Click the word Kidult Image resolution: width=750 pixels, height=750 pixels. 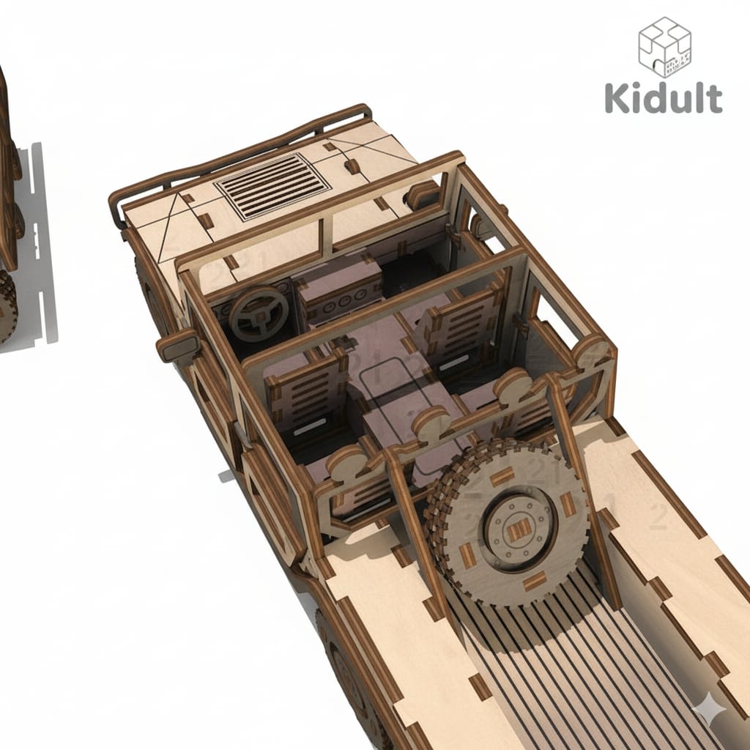point(664,97)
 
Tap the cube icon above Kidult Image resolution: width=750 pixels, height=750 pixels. point(664,46)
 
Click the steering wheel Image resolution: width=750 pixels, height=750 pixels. point(258,313)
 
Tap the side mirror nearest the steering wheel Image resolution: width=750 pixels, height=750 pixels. point(177,345)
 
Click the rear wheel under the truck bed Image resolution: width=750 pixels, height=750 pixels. point(344,659)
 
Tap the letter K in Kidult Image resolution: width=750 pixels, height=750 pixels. point(617,97)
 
